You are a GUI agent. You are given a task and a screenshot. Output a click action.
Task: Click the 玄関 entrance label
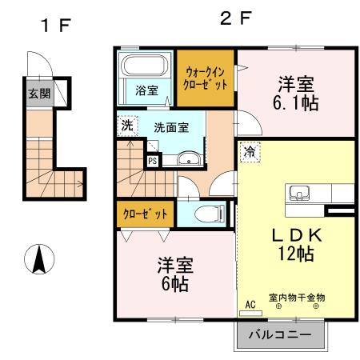[38, 93]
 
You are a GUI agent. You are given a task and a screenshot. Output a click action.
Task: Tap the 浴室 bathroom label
[146, 90]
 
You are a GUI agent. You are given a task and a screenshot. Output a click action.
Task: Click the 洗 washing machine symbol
[127, 125]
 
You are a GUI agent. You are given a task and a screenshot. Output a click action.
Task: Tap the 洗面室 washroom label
[170, 126]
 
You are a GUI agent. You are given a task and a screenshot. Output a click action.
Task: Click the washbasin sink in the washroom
[189, 158]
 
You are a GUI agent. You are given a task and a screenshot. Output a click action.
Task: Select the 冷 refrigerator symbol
[250, 151]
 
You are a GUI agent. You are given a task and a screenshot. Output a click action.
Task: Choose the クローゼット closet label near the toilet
[146, 214]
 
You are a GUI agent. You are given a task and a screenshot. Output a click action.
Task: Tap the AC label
[250, 305]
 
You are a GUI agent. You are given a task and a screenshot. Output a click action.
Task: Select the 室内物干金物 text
[297, 298]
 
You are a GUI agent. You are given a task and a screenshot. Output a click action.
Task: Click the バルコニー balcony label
[282, 334]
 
